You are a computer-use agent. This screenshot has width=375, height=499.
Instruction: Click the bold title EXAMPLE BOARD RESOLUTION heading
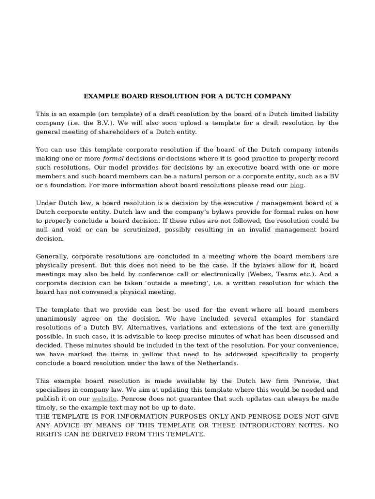[x=187, y=96]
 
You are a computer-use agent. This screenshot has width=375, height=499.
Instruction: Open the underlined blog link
[x=296, y=185]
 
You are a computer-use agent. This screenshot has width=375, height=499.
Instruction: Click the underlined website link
[x=104, y=399]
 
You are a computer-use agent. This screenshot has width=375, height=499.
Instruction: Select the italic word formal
[x=112, y=158]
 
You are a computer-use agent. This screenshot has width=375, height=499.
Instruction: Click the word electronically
[x=220, y=274]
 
